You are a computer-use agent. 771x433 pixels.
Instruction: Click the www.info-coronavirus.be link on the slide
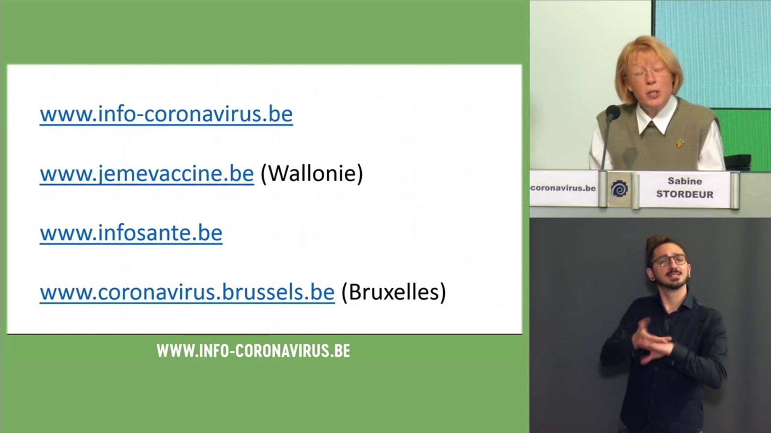click(166, 114)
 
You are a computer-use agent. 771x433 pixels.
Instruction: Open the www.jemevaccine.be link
click(147, 174)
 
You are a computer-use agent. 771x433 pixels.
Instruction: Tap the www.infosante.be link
click(131, 233)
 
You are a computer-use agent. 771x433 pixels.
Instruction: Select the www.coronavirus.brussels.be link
click(187, 292)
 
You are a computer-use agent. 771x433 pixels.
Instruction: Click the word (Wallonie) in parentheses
click(312, 174)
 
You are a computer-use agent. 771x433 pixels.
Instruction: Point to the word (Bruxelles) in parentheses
click(394, 292)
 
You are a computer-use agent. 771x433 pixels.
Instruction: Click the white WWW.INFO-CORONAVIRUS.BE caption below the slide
click(253, 351)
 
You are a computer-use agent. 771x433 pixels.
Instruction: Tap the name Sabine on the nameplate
click(685, 181)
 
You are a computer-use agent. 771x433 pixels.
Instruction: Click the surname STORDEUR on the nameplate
click(685, 194)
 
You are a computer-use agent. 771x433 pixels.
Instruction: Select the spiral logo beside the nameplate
click(619, 189)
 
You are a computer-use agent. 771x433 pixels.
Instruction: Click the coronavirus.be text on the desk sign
click(563, 188)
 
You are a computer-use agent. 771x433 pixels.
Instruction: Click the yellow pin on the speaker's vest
click(679, 143)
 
